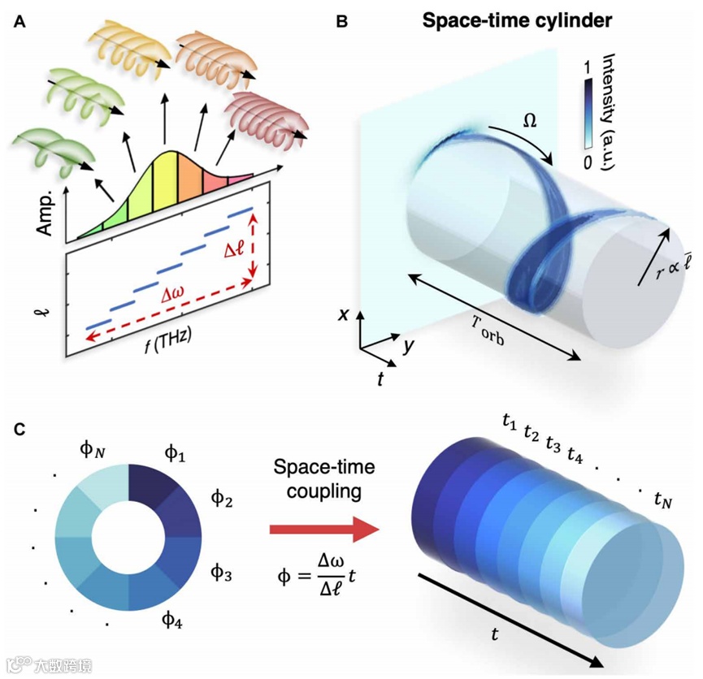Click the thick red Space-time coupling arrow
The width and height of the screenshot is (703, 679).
[x=325, y=529]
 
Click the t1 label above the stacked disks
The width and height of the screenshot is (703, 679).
[x=510, y=422]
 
